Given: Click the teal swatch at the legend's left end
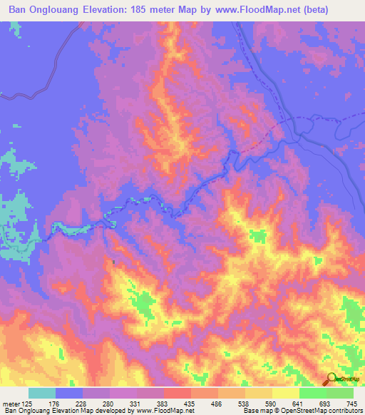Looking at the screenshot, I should pos(42,393).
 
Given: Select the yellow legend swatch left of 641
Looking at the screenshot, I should pos(285,393).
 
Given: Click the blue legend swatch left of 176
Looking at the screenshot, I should pos(69,393).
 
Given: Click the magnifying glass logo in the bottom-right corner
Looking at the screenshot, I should pos(333,380).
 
